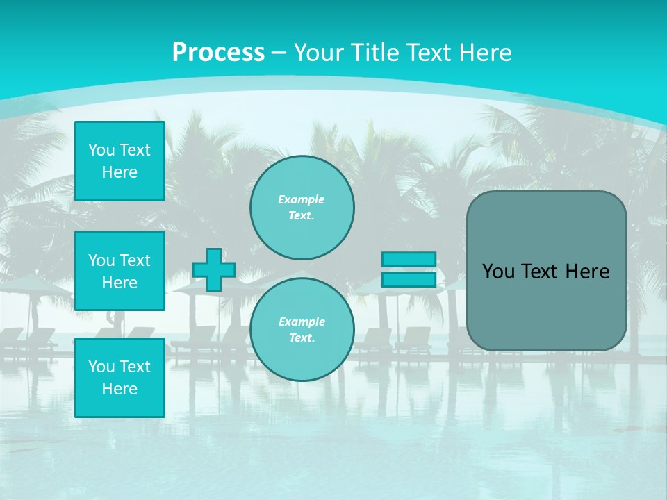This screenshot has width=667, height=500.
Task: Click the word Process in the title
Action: [x=218, y=53]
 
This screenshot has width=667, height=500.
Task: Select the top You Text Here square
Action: [x=120, y=161]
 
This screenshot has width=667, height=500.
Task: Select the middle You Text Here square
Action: [x=120, y=271]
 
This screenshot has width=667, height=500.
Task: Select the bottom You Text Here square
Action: [x=120, y=378]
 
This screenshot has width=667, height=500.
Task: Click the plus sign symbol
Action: [x=214, y=269]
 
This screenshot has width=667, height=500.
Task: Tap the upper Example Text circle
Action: [x=302, y=208]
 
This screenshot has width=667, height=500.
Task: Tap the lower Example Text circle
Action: [x=302, y=330]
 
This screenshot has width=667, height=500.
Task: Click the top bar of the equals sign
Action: [x=409, y=259]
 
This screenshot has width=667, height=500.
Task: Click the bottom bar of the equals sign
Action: [x=409, y=280]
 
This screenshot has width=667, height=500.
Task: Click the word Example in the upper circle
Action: [x=301, y=199]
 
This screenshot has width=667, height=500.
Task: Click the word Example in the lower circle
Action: [x=301, y=322]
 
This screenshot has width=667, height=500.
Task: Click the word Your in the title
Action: [x=320, y=53]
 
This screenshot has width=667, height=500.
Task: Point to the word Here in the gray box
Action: [x=587, y=272]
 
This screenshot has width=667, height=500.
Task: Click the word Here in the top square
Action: [x=120, y=172]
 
